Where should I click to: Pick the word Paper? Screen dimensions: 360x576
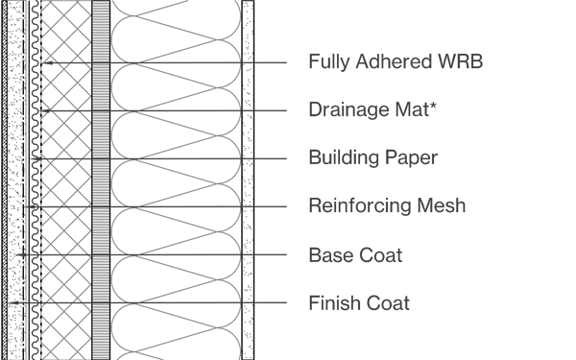click(x=410, y=158)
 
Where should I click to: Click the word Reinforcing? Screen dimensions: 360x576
click(x=355, y=206)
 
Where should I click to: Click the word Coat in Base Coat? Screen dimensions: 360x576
click(x=380, y=255)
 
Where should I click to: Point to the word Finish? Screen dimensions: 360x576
click(x=332, y=304)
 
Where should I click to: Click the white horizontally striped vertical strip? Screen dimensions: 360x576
click(x=101, y=182)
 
